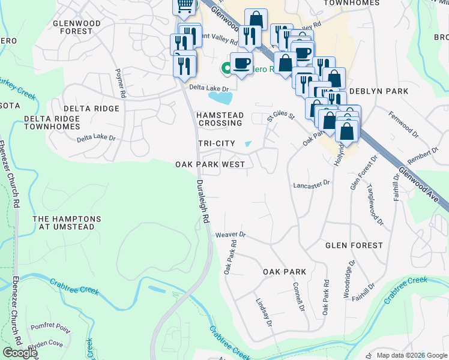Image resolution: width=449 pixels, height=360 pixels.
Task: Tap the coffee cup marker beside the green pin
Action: click(241, 63)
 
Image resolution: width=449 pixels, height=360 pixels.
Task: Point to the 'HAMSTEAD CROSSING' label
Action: click(220, 118)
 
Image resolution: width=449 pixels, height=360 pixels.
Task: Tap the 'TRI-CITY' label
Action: click(216, 143)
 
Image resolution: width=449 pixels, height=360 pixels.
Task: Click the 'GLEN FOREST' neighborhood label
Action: click(354, 245)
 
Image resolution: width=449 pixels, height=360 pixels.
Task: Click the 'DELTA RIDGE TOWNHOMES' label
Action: click(52, 123)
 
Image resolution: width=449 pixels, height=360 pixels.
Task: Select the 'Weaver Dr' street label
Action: click(231, 235)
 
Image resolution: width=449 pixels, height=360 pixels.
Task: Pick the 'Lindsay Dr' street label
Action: click(264, 312)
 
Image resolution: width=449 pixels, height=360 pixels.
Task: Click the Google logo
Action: click(20, 353)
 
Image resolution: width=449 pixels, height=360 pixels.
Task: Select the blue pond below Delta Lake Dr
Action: click(221, 97)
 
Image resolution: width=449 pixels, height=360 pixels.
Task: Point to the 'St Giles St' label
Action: click(282, 113)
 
